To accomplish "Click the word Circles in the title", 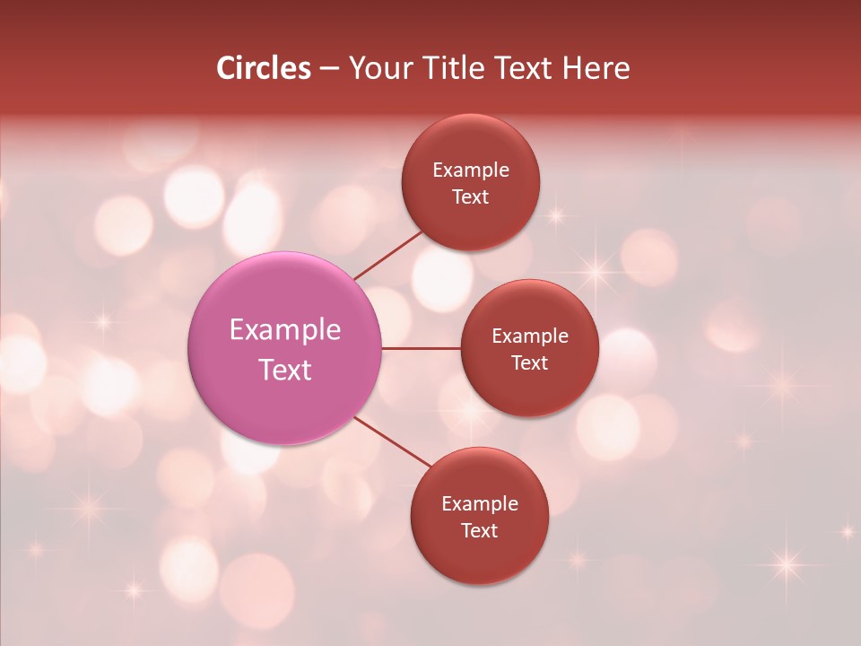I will pos(264,68).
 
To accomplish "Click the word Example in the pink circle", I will pos(284,330).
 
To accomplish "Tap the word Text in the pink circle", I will pos(284,370).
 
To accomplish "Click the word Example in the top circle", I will pos(470,170).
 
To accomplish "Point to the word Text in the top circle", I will pos(470,197).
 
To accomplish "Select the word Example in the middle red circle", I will pos(529,336).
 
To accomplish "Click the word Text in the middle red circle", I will pos(529,363).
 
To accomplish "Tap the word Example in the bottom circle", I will pos(479,504).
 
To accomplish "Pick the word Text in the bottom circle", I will pos(479,531).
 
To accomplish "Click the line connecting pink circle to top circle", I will pos(387,254).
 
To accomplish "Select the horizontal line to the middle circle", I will pos(422,348).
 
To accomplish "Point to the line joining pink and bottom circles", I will pos(394,442).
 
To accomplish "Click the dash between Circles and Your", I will pos(329,68).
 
